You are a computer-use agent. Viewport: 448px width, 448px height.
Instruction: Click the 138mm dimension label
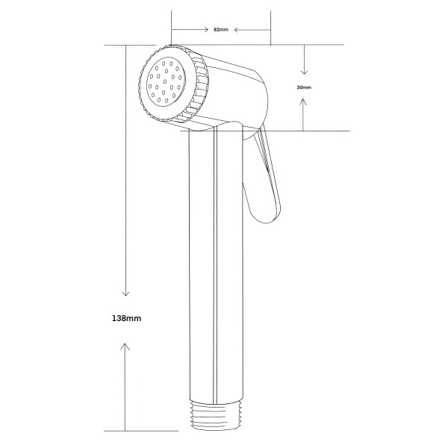(x=127, y=318)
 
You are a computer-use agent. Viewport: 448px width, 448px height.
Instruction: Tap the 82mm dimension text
(x=221, y=29)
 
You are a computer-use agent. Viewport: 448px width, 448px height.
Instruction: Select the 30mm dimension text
(x=304, y=87)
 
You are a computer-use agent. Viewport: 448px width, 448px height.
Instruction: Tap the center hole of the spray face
(x=165, y=81)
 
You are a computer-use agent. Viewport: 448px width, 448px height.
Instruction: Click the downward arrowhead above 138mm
(x=125, y=293)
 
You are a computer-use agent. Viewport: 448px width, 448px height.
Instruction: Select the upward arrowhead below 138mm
(x=125, y=346)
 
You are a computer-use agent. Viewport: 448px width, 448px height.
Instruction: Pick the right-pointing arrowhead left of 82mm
(x=205, y=29)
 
